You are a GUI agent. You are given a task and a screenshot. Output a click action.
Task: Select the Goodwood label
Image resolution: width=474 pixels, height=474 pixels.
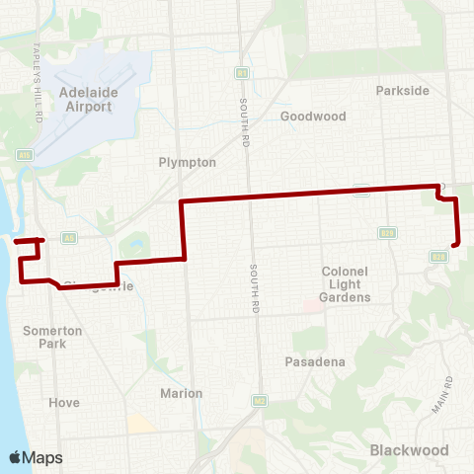click(x=313, y=116)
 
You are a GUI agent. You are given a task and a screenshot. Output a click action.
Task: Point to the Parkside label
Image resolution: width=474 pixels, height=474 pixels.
click(x=403, y=90)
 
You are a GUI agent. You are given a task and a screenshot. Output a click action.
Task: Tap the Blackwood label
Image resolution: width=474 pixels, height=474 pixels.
click(x=402, y=450)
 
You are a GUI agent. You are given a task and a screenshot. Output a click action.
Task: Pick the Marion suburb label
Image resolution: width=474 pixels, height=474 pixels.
click(x=181, y=393)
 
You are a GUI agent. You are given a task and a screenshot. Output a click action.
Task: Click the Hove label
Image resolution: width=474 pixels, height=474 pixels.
click(x=64, y=403)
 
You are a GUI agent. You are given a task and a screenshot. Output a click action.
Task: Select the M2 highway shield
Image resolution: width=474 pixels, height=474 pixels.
click(x=260, y=400)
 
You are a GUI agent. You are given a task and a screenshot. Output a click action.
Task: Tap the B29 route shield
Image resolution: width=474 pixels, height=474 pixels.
click(x=388, y=233)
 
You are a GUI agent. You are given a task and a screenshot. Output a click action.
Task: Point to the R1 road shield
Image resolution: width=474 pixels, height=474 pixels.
click(x=241, y=72)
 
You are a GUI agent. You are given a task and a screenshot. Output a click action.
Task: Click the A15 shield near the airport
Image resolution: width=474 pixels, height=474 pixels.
click(x=25, y=154)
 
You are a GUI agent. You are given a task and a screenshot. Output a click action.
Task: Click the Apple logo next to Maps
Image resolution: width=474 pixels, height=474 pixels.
click(x=16, y=457)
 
